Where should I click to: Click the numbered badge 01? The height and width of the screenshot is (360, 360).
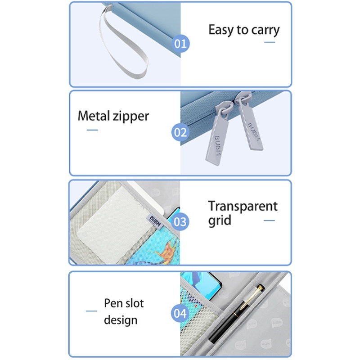[181, 44]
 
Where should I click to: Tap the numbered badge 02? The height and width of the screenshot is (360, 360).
[180, 132]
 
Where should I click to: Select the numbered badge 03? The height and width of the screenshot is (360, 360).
[180, 222]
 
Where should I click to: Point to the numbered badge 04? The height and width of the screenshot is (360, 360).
[180, 313]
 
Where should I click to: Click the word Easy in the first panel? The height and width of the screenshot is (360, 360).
[221, 30]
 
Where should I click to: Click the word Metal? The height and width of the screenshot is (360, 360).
[94, 116]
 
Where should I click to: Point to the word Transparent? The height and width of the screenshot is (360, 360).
[243, 206]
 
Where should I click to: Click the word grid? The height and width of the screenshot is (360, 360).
[220, 220]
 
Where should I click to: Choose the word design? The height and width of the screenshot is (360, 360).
[121, 320]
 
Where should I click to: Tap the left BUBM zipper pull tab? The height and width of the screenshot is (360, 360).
[218, 133]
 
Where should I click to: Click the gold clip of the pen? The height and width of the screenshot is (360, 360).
[251, 297]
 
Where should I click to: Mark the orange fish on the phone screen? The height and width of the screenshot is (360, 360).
[167, 251]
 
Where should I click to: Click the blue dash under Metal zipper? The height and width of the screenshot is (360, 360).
[92, 130]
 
